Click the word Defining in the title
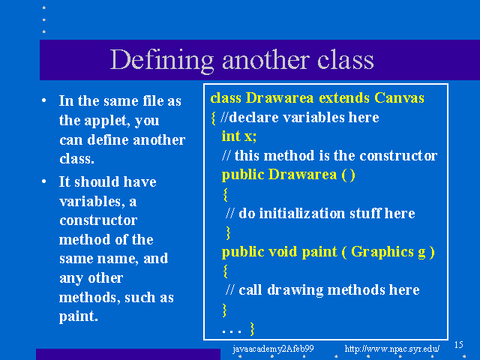[162, 61]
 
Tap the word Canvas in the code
[399, 98]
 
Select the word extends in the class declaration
[344, 98]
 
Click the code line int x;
[239, 136]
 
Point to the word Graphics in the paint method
[382, 252]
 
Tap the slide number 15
[458, 345]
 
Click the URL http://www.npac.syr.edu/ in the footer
[392, 348]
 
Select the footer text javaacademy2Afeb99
[273, 349]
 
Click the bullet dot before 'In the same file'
[44, 100]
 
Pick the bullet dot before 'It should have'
[44, 181]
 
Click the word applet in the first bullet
[105, 121]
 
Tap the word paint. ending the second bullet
[78, 316]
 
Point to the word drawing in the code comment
[295, 290]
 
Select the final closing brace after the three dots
[252, 329]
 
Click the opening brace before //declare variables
[213, 118]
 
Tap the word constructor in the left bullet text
[98, 220]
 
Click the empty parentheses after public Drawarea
[348, 175]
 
